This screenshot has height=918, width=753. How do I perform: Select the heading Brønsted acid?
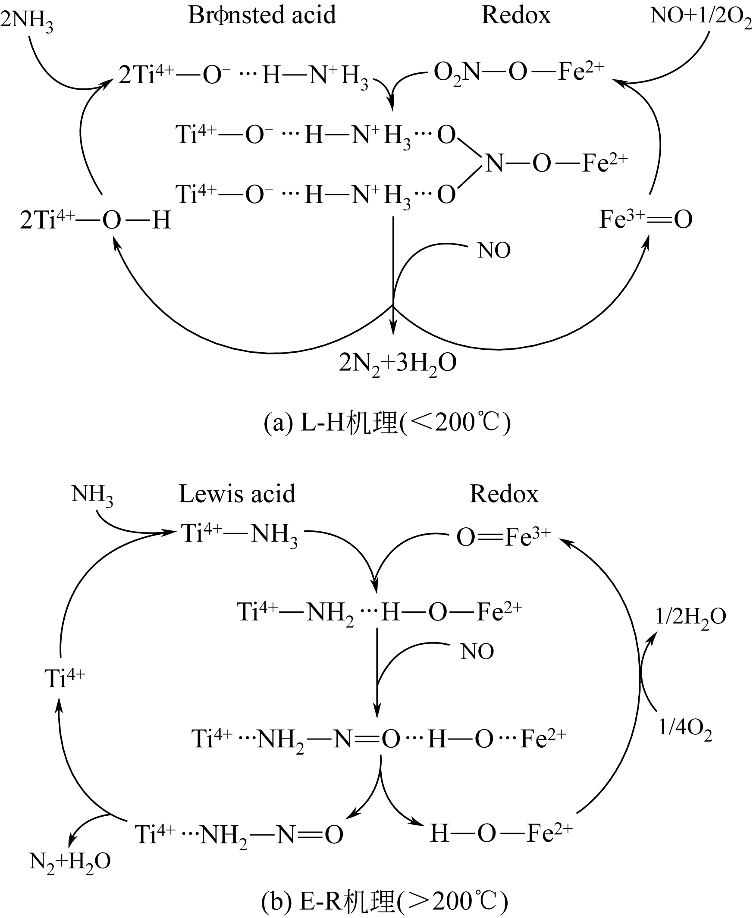[262, 16]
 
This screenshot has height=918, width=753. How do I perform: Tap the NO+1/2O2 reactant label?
[701, 17]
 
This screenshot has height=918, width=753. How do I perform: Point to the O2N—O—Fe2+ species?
[518, 73]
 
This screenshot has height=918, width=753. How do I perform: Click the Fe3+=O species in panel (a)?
[646, 220]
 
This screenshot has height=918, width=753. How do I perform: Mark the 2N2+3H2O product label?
[397, 363]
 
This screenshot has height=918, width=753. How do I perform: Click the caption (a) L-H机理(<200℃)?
[387, 423]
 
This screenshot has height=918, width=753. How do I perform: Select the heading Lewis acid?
[237, 494]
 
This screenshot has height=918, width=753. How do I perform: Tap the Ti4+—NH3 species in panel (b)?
[239, 534]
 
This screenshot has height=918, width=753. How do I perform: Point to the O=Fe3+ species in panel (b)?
[504, 538]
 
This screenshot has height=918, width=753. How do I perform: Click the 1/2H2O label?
[690, 617]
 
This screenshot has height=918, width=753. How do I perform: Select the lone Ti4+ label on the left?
[65, 678]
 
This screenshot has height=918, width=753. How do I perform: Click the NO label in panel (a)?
[494, 251]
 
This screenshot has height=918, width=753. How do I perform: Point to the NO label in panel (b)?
[477, 652]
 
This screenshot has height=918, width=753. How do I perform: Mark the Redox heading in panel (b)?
[504, 494]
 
